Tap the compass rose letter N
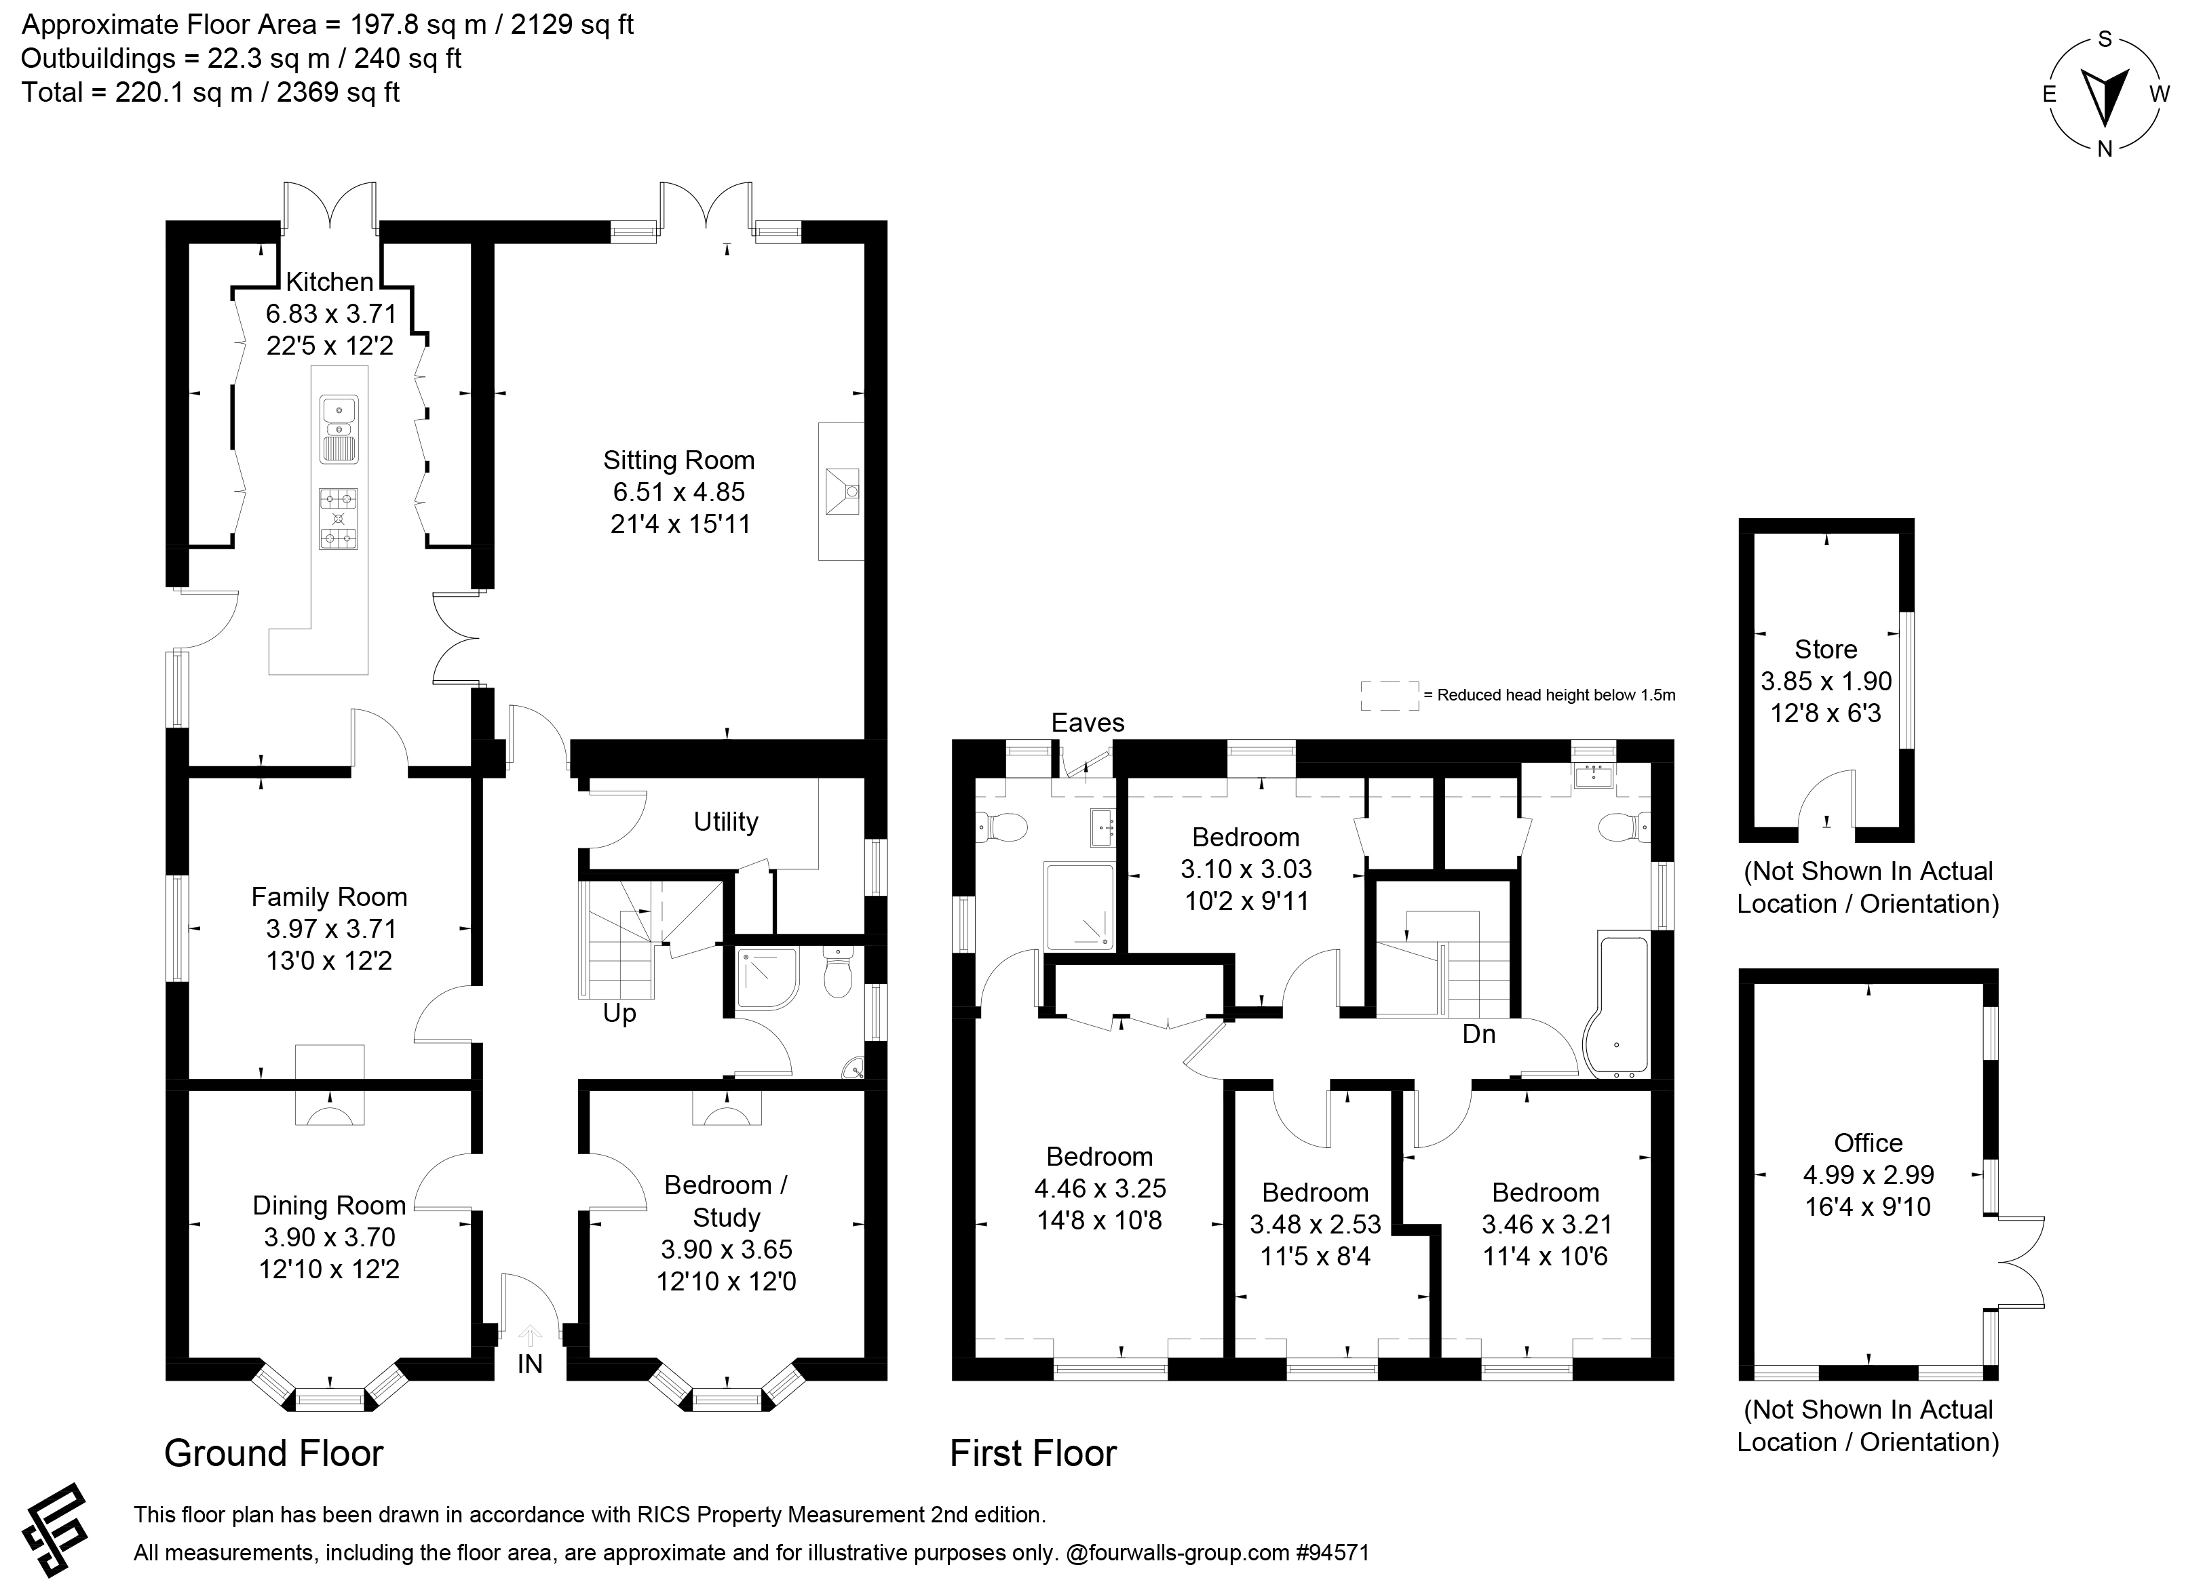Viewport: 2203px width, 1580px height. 2104,149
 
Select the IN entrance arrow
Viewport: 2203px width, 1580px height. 531,1337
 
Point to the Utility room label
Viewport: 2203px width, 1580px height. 725,822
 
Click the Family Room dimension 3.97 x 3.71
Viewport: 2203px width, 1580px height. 331,928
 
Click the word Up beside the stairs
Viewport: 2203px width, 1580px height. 619,1014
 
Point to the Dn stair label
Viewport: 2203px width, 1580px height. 1478,1034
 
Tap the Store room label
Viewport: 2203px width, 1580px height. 1826,649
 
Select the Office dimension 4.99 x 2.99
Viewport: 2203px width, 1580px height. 1869,1175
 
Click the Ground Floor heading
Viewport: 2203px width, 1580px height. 274,1454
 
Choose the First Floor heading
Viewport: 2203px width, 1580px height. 1033,1454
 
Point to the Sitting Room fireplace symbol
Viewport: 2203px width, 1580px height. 841,492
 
